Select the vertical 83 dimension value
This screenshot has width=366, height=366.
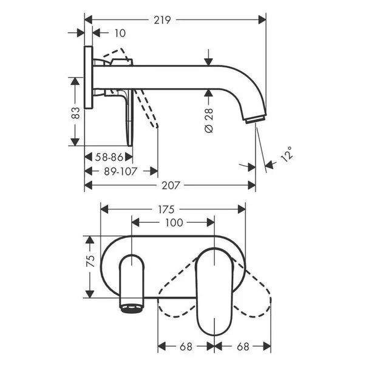[76, 112]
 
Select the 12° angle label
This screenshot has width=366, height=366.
[287, 154]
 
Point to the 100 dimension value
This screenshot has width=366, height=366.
[174, 223]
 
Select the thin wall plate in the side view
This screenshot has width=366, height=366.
[88, 77]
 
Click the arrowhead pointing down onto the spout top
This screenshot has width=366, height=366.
[208, 61]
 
